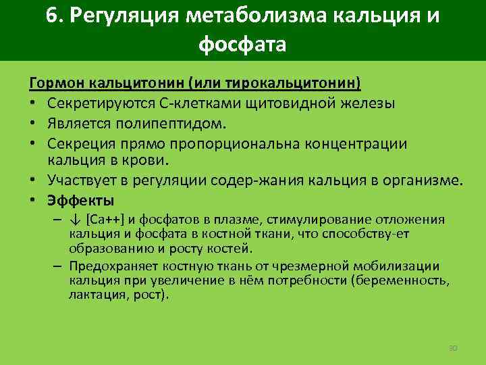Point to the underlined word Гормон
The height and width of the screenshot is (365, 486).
click(x=53, y=84)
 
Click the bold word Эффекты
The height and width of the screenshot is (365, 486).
click(x=80, y=201)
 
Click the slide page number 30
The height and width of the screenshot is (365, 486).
click(x=453, y=347)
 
